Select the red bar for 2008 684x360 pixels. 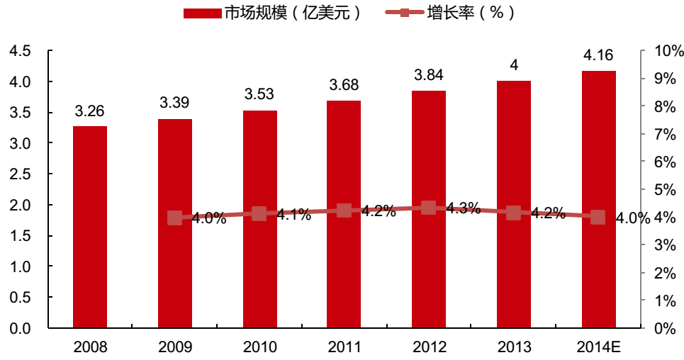pyautogui.click(x=90, y=227)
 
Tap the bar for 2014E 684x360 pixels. pyautogui.click(x=599, y=199)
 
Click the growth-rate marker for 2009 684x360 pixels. pyautogui.click(x=175, y=218)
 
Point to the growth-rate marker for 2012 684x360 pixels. pyautogui.click(x=428, y=208)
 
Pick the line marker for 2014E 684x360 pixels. pyautogui.click(x=598, y=218)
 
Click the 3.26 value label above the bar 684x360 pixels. pyautogui.click(x=90, y=111)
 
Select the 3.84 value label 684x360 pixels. pyautogui.click(x=429, y=75)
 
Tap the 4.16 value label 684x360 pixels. pyautogui.click(x=599, y=55)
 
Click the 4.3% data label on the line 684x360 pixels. pyautogui.click(x=464, y=208)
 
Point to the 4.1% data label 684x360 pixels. pyautogui.click(x=294, y=215)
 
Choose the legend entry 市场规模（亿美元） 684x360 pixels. pyautogui.click(x=273, y=13)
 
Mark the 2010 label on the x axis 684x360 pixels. pyautogui.click(x=259, y=347)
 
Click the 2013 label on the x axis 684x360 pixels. pyautogui.click(x=514, y=347)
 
